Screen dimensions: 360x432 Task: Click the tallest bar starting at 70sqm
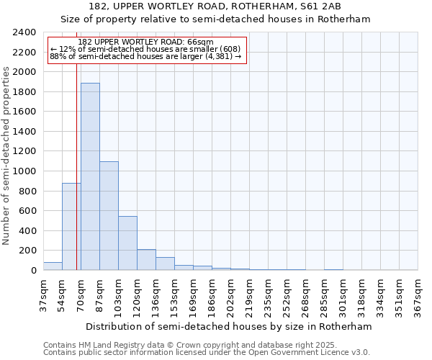pyautogui.click(x=90, y=176)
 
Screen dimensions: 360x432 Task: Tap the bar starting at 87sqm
pyautogui.click(x=109, y=216)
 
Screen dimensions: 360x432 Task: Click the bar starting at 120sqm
pyautogui.click(x=146, y=260)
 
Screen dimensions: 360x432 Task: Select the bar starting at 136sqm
pyautogui.click(x=165, y=264)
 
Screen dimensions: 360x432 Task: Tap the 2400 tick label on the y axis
pyautogui.click(x=24, y=32)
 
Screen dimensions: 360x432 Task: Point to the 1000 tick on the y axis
pyautogui.click(x=24, y=171)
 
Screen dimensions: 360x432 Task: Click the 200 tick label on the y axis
pyautogui.click(x=27, y=251)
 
